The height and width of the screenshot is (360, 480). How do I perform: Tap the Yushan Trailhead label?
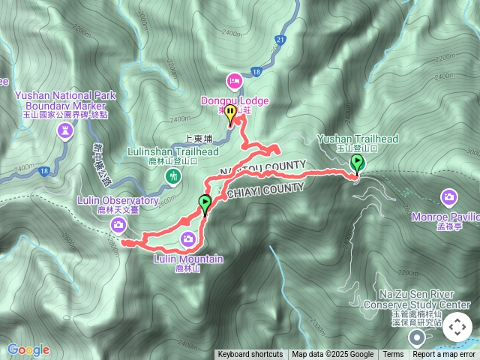pos(357,139)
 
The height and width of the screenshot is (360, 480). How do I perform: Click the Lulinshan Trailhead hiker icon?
pos(174,176)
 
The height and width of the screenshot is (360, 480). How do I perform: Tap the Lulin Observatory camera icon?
pos(118,225)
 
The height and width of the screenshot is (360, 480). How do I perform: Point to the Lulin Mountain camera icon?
pos(188,238)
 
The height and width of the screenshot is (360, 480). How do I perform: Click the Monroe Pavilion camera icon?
pos(449,197)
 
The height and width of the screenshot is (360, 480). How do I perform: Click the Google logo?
pos(28,349)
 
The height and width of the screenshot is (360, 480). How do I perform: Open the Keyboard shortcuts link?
pos(250,355)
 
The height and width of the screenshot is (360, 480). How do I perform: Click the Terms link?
pos(393,355)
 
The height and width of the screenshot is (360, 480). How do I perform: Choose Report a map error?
pos(443,355)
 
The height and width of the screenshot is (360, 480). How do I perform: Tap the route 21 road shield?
pos(280,39)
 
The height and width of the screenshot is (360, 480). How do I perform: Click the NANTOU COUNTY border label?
pos(262,167)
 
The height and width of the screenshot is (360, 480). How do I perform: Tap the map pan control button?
pos(457,327)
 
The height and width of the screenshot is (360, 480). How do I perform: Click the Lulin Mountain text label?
pos(188,259)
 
